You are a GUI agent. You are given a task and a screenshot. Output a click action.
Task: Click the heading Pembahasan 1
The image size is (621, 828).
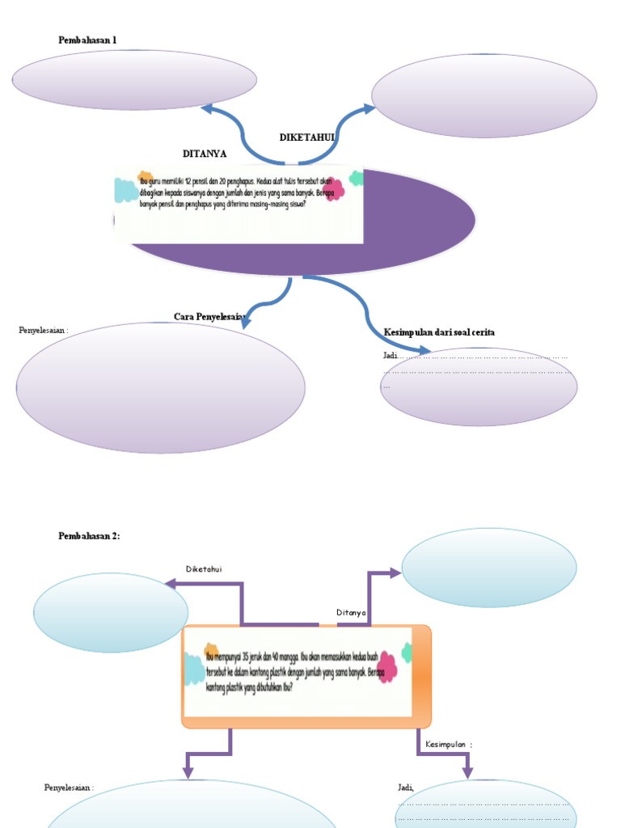pos(93,40)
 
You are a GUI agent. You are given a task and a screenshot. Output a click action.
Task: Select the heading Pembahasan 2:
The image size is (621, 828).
pos(89,536)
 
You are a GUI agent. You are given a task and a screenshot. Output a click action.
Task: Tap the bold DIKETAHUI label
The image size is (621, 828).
pos(306,138)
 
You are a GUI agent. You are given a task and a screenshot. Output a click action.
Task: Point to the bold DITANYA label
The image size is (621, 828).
pos(205,154)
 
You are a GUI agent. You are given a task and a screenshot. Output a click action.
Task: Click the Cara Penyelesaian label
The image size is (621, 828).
pos(209,316)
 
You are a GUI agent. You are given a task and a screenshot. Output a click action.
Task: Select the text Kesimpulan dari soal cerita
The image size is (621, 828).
pos(439,332)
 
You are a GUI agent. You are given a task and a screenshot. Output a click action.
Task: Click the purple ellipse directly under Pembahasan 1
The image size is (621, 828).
pos(134,80)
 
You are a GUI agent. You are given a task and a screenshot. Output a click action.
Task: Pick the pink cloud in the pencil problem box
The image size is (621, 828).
pos(333,189)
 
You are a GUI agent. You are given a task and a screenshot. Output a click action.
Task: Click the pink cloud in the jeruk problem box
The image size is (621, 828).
pos(387,668)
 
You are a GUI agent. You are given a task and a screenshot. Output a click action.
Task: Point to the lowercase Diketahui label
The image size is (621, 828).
pos(204,569)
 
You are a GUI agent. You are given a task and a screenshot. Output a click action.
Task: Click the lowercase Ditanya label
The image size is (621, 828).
pos(351,613)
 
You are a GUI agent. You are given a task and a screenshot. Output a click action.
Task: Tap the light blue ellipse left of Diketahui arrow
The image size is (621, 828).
pos(111,613)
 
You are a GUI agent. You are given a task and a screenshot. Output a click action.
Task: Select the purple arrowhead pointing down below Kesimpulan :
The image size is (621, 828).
pos(467,773)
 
